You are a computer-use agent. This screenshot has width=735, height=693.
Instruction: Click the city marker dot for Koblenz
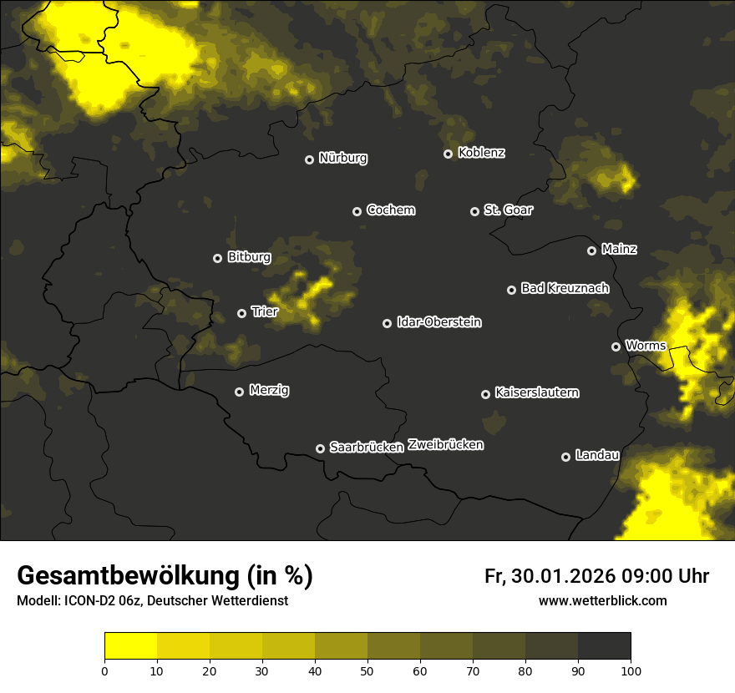coord(448,154)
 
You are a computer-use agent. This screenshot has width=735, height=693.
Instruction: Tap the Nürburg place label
coord(342,158)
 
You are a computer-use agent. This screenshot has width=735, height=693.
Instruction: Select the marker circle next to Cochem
coord(357,211)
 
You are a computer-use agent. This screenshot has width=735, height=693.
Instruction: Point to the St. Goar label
coord(508,210)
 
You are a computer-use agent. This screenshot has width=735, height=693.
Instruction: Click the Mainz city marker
coord(591,250)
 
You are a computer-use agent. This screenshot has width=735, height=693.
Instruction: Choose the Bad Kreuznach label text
coord(565,288)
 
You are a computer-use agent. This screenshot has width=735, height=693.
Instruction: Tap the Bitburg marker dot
coord(217,258)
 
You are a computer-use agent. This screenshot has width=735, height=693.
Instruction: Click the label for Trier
coord(264,311)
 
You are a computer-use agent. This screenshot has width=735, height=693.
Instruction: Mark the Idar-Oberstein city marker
coord(387,323)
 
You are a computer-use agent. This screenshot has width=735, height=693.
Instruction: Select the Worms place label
coord(645,345)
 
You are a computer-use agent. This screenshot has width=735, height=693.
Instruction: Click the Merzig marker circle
coord(239,392)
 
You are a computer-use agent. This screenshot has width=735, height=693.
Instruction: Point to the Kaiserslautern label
coord(536,392)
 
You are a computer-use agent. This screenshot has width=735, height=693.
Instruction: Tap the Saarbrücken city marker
coord(320,448)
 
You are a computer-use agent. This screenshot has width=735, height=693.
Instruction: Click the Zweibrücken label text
coord(445,445)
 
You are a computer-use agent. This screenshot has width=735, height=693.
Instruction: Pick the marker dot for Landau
coord(565,457)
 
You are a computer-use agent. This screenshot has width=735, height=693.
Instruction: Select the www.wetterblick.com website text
coord(602,600)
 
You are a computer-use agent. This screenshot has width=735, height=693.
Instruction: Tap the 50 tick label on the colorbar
coord(367,670)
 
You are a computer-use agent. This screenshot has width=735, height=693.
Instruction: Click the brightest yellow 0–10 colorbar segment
coord(130,646)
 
